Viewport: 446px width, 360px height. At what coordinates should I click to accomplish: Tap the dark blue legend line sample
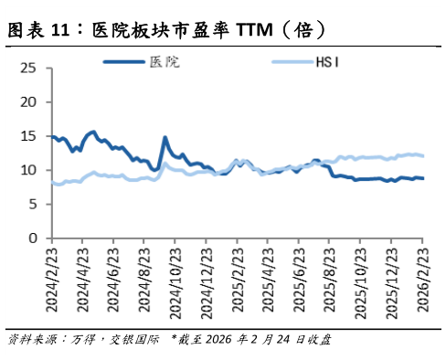click(122, 62)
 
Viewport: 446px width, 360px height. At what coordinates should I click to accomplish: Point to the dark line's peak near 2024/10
click(165, 138)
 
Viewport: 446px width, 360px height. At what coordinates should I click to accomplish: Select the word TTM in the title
click(254, 30)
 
